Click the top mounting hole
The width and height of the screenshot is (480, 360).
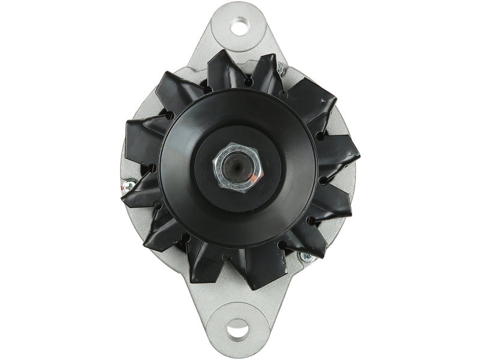[x=239, y=26]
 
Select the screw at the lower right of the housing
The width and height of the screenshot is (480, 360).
[x=308, y=258]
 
